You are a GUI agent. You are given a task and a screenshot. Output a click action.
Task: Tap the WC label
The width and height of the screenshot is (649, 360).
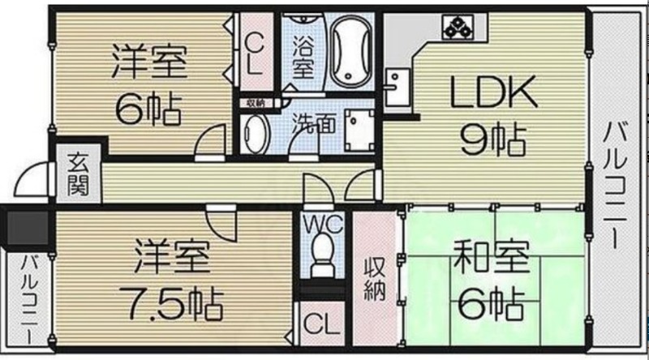click(322, 221)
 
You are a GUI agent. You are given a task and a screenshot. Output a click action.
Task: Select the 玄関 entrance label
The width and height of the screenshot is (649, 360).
click(77, 173)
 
